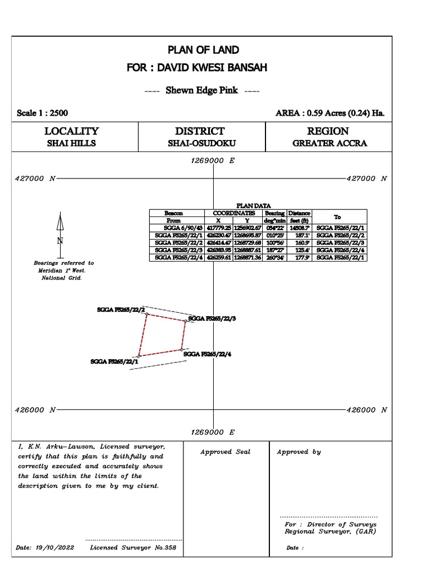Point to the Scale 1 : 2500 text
[42, 113]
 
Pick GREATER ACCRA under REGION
[329, 144]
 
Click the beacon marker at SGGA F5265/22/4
[182, 350]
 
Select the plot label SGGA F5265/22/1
[114, 361]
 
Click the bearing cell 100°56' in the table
[274, 243]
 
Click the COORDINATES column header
[230, 213]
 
